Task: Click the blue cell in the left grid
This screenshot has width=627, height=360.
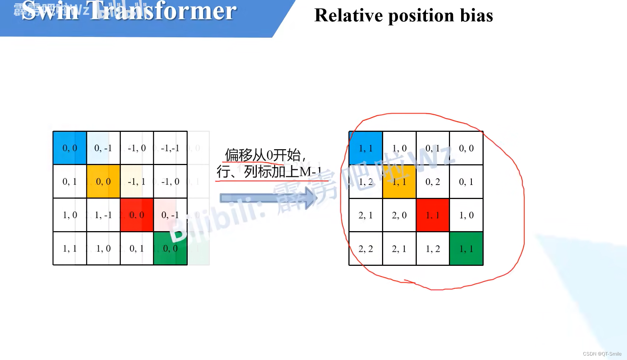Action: (70, 148)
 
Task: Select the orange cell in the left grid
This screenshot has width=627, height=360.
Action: (103, 181)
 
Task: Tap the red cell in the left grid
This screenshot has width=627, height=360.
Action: (137, 215)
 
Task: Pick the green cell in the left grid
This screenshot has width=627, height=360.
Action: (170, 248)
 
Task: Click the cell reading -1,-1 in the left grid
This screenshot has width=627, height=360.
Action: (170, 148)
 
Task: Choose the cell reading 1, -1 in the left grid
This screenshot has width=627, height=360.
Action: (103, 215)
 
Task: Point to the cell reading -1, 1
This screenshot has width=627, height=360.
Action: (137, 181)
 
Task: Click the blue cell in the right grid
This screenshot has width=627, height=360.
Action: (366, 148)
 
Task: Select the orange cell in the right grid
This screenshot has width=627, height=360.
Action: (399, 182)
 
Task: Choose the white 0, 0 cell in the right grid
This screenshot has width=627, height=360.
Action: (466, 148)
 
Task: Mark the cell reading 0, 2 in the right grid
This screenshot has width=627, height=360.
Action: (433, 182)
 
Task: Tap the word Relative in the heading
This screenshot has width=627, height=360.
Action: (348, 16)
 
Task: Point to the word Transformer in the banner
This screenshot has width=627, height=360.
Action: (163, 11)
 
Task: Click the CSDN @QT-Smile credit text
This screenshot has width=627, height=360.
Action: (602, 354)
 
